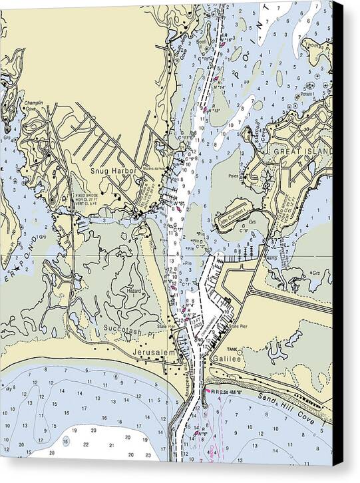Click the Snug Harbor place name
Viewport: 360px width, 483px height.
point(112,170)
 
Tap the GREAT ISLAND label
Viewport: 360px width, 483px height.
point(300,152)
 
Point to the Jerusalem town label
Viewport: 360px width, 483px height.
point(157,352)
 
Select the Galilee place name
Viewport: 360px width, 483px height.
point(228,357)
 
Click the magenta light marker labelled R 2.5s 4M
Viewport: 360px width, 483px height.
point(208,392)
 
